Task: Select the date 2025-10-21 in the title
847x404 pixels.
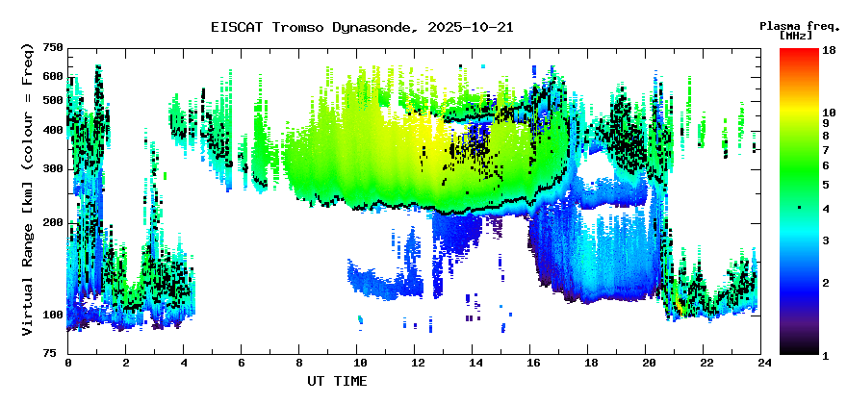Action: pyautogui.click(x=471, y=27)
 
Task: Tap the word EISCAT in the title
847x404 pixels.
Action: pyautogui.click(x=236, y=27)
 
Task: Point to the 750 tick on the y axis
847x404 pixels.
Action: pyautogui.click(x=54, y=47)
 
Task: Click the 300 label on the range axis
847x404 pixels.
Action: pyautogui.click(x=54, y=169)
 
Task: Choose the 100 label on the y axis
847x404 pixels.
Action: pyautogui.click(x=54, y=315)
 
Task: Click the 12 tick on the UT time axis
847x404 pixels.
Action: pyautogui.click(x=414, y=364)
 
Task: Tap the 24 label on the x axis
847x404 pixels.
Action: pyautogui.click(x=760, y=364)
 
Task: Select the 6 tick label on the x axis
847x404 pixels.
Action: pyautogui.click(x=241, y=364)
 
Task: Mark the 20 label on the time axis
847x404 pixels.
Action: pyautogui.click(x=645, y=364)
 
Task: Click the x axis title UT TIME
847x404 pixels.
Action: pyautogui.click(x=337, y=381)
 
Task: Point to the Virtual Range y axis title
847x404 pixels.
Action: pyautogui.click(x=28, y=189)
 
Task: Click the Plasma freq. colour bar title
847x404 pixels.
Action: pyautogui.click(x=800, y=26)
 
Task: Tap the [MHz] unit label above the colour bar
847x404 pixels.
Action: pyautogui.click(x=796, y=36)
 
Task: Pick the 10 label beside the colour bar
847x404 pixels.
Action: pyautogui.click(x=829, y=113)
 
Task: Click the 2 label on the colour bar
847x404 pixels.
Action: pyautogui.click(x=826, y=283)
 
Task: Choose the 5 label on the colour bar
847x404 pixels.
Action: pyautogui.click(x=826, y=186)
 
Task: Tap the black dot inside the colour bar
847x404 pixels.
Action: pyautogui.click(x=799, y=207)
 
